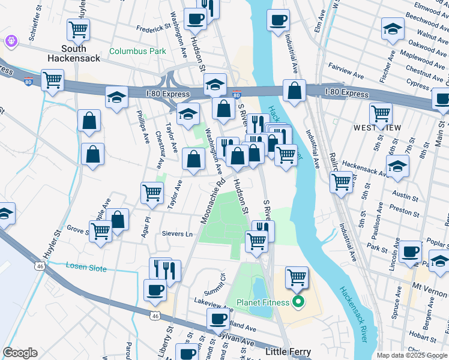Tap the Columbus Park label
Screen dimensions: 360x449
(137, 52)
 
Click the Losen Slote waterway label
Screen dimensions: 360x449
(86, 266)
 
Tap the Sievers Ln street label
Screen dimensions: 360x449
(176, 233)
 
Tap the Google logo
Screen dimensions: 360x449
(20, 353)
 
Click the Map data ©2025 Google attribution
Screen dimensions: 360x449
(411, 355)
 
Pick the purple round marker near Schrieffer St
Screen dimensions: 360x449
(11, 41)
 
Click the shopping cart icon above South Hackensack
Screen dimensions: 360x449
(79, 28)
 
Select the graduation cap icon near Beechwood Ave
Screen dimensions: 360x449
(393, 28)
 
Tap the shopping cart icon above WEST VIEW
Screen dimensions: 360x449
(381, 112)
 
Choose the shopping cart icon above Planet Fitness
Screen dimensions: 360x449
(297, 277)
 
